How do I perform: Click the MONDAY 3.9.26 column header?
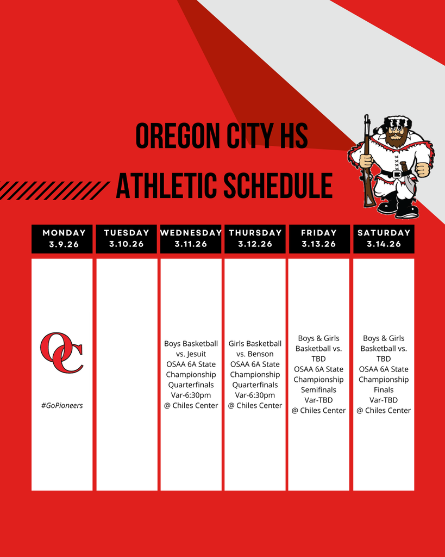pos(62,239)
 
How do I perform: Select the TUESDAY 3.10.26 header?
pos(127,239)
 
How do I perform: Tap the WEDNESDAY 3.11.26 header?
pos(191,239)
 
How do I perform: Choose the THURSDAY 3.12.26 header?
pos(255,239)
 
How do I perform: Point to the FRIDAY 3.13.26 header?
pos(319,239)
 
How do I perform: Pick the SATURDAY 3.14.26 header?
pos(384,239)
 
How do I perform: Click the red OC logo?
pos(62,352)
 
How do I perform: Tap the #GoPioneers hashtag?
pos(62,405)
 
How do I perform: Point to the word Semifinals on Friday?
pos(318,389)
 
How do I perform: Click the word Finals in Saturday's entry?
pos(384,389)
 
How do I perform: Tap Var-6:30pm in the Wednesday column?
pos(191,395)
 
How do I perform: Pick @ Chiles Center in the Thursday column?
pos(255,405)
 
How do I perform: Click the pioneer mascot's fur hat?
pos(392,123)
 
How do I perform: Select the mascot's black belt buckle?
pos(397,174)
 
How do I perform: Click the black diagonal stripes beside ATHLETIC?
pos(53,190)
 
